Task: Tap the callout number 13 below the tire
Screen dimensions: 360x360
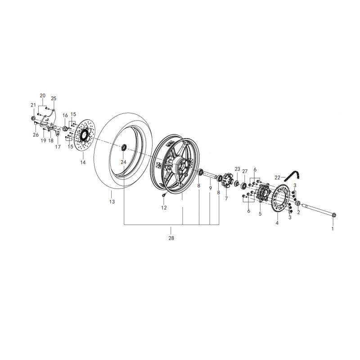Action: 112,202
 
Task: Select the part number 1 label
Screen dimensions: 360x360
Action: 333,229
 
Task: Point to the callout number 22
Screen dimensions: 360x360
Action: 278,177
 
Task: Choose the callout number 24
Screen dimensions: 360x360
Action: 124,162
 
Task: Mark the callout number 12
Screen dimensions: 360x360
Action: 164,208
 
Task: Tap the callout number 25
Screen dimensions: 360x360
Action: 54,99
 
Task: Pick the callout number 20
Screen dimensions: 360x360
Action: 43,96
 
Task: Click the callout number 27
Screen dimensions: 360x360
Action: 245,171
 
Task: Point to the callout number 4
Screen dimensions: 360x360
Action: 277,223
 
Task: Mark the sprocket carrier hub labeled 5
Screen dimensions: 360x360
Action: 261,195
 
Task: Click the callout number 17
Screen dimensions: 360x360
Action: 58,147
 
